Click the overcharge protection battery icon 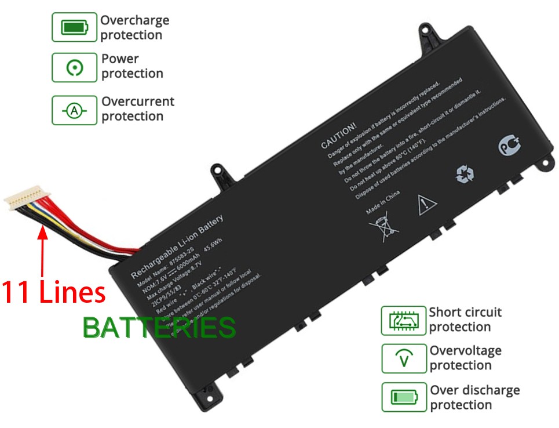coord(74,27)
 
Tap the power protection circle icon coord(74,68)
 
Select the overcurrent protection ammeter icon coord(74,110)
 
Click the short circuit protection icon coord(403,320)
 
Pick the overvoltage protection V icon coord(403,358)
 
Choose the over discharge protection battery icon coord(403,397)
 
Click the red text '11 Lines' coord(54,292)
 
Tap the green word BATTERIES coord(159,328)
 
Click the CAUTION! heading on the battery coord(339,135)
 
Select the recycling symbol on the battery coord(465,174)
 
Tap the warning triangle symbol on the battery coord(426,204)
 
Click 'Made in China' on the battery coord(382,202)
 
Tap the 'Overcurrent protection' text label coord(138,109)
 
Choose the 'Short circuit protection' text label coord(465,320)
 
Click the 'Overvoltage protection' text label coord(465,358)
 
